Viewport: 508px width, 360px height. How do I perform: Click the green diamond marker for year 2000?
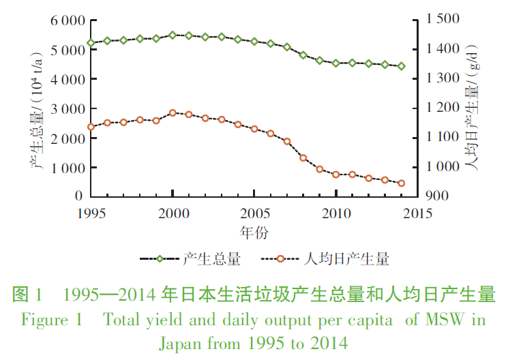(173, 35)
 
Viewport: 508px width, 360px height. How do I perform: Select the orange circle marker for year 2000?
(173, 113)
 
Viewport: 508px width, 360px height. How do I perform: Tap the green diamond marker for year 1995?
(91, 43)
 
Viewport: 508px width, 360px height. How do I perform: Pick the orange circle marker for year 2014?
(402, 183)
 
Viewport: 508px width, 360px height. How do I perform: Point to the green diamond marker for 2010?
(336, 63)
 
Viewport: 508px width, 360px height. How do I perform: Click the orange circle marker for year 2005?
(254, 129)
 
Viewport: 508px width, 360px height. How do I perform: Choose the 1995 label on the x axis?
(91, 212)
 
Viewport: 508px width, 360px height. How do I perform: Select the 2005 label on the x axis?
(254, 212)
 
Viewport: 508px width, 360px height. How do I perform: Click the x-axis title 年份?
(253, 231)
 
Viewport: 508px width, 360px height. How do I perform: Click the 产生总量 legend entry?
(211, 259)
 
